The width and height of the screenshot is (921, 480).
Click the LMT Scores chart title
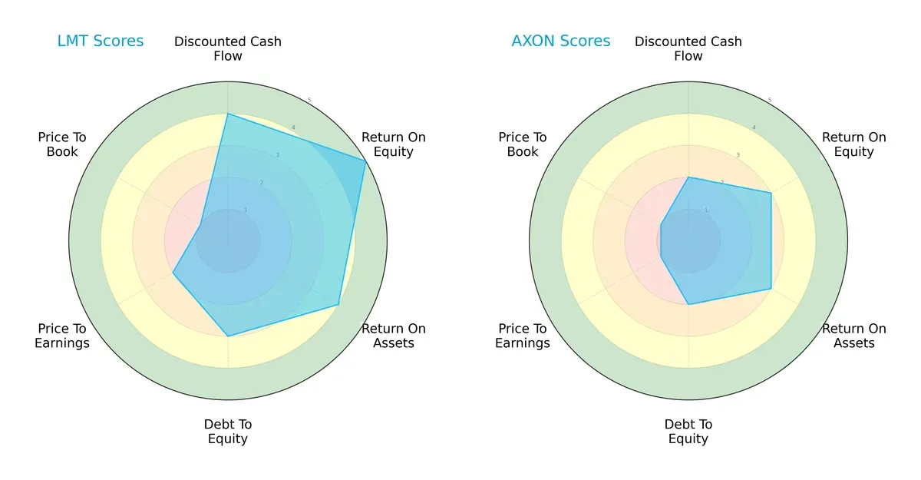point(100,41)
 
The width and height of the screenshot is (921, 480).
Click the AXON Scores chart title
point(560,41)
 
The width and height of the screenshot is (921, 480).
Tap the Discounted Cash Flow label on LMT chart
point(228,48)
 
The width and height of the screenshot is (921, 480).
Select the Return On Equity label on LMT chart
point(393,144)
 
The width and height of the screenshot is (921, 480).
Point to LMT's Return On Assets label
point(393,336)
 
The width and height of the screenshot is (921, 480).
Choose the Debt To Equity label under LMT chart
point(228,432)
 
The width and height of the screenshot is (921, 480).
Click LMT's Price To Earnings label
point(62,336)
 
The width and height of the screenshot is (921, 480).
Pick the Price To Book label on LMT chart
point(62,144)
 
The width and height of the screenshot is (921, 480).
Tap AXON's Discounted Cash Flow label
point(688,48)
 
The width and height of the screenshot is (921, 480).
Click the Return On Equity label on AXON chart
point(853,144)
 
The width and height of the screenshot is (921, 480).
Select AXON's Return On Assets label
point(853,336)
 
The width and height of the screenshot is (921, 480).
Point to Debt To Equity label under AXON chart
point(688,432)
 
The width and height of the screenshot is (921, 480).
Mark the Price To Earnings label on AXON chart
point(523,336)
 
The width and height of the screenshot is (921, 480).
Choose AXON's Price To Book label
point(523,144)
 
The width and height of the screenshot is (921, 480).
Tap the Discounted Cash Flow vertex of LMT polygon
point(228,114)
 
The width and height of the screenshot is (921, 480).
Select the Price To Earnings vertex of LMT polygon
point(173,273)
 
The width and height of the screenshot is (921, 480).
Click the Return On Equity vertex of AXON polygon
point(771,193)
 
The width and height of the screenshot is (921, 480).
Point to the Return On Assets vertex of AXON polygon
point(771,289)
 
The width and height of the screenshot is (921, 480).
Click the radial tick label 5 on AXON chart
point(769,101)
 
